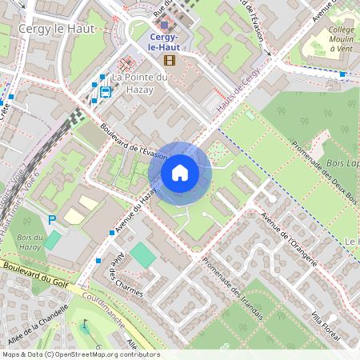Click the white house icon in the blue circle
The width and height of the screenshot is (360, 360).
click(x=179, y=173)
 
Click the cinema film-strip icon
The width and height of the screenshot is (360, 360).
click(x=169, y=59)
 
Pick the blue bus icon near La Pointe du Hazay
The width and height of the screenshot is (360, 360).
click(x=105, y=91)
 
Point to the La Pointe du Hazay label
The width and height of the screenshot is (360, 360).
click(x=139, y=83)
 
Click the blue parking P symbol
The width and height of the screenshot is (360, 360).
click(x=53, y=219)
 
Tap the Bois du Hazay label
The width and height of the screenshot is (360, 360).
click(x=30, y=243)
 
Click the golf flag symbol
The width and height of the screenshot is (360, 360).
click(x=84, y=326)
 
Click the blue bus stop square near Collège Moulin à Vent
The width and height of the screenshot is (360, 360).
click(x=342, y=74)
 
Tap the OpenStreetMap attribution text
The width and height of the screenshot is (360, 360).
click(x=80, y=354)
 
